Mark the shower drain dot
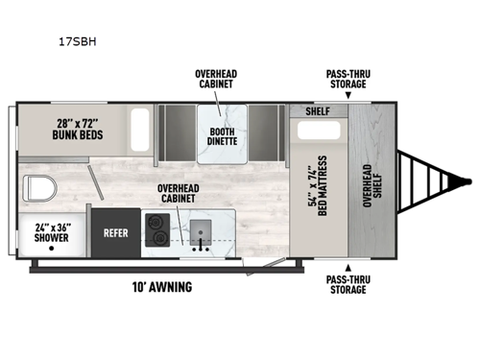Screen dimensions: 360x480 50,248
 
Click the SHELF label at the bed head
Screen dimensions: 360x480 317,109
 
